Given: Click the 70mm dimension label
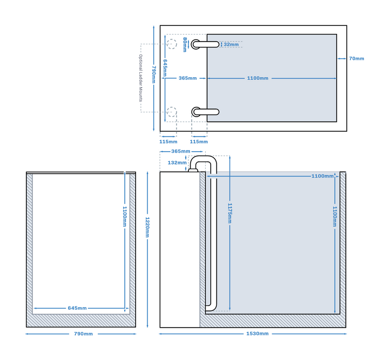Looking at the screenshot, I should coord(356,58).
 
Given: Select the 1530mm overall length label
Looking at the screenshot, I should coord(257,334).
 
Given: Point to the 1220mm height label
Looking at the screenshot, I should coord(147,227).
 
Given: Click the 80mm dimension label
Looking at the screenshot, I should coord(185,44).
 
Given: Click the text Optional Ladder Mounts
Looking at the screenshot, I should coord(140,78).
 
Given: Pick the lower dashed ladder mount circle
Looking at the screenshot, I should coord(172,112).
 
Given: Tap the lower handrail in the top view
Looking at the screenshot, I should coord(205,112).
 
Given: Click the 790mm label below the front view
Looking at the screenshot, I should coord(81,334).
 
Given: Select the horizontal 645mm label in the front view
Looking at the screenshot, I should coord(77,308).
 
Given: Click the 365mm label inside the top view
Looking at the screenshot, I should coord(188,78).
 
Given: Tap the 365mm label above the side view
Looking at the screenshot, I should coord(180,151).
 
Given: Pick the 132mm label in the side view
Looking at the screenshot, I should coord(177,162).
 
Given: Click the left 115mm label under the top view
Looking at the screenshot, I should coord(168,141).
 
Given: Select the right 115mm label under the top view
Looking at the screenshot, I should coord(199,141).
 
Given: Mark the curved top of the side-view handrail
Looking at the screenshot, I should coord(205,158).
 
